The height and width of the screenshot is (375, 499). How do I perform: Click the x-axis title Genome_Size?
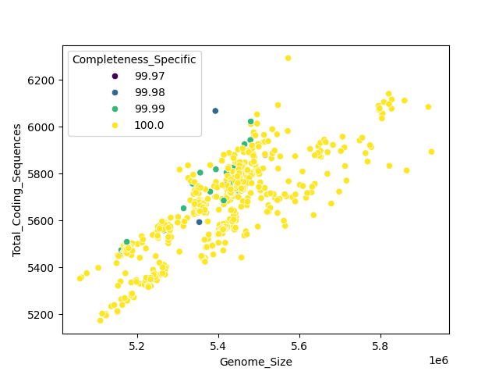pos(256,362)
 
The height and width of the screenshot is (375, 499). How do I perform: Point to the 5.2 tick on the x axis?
pos(137,345)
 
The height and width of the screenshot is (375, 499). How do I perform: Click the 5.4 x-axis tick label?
pos(218,345)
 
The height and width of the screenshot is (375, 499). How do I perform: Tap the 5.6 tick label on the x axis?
pos(299,345)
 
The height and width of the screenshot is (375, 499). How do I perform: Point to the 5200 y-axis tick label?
pos(42,315)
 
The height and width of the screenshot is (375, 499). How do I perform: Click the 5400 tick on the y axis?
pos(42,268)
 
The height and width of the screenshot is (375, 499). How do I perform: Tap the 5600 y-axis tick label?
pos(42,221)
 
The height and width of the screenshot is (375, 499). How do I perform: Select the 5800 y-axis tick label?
pos(42,174)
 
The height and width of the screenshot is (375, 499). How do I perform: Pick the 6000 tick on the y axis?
pos(42,127)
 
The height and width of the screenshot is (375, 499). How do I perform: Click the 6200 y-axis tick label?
pos(42,80)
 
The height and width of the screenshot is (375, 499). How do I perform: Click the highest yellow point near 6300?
pos(288,58)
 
